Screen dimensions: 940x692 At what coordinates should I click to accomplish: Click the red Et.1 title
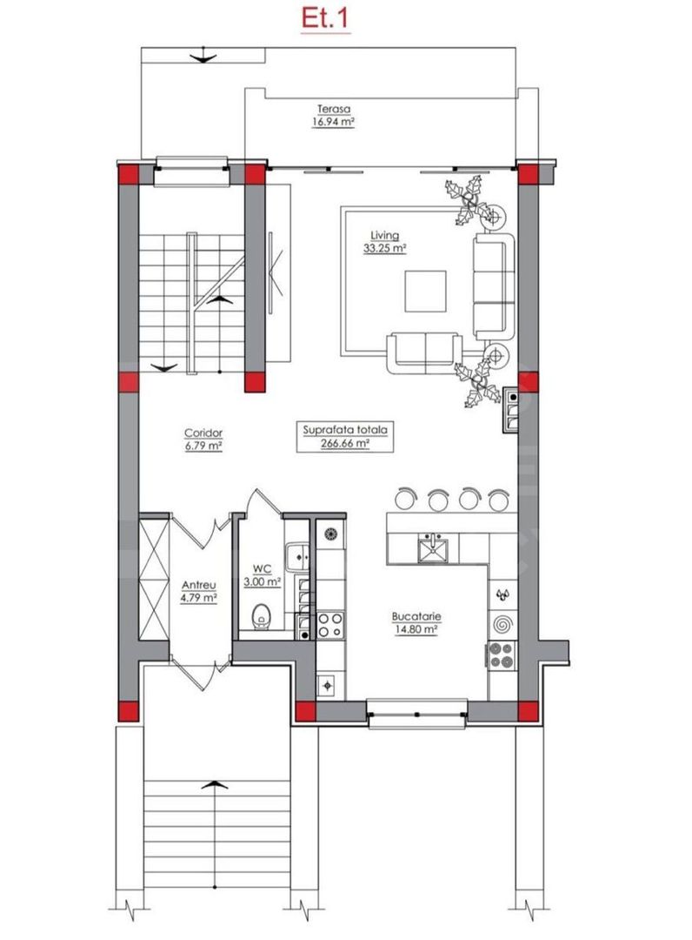pos(325,18)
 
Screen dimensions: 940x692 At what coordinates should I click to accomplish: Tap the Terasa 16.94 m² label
pos(332,116)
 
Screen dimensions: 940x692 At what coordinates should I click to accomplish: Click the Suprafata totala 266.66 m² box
pos(345,436)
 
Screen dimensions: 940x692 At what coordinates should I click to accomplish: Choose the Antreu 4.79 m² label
pos(198,592)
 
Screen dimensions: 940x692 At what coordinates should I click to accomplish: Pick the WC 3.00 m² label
pos(261,576)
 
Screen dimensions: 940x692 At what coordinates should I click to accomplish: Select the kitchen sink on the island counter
pos(430,547)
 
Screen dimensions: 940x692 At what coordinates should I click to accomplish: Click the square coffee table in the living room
pos(425,292)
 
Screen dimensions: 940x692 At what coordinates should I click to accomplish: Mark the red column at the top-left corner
pos(127,174)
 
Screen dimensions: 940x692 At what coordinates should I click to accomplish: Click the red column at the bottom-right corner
pos(527,711)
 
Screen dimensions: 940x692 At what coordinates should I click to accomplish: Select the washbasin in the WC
pos(296,550)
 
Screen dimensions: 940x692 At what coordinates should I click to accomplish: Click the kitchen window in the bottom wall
pos(418,714)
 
